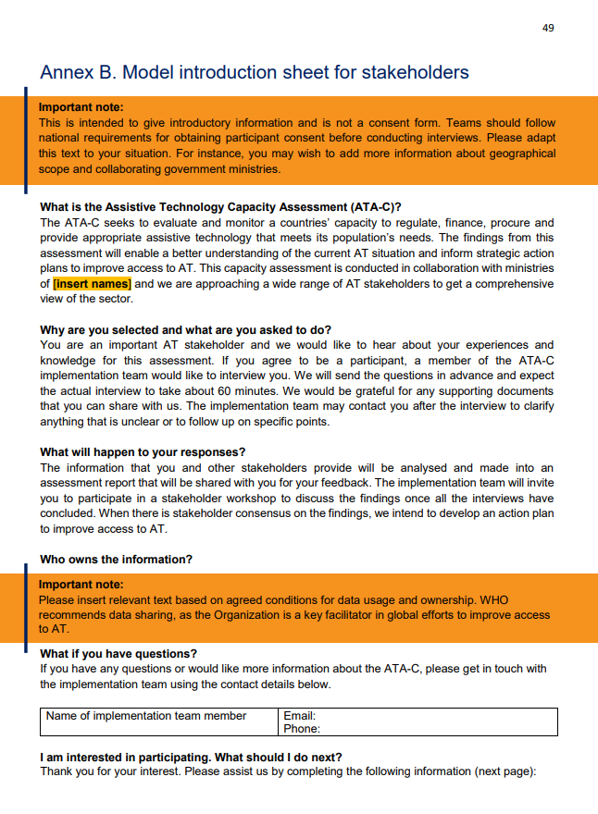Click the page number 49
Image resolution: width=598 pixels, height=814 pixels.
[x=548, y=28]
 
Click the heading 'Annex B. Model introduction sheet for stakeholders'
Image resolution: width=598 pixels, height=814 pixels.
[x=255, y=72]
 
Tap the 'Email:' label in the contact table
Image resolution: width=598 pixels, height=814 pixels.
[x=300, y=716]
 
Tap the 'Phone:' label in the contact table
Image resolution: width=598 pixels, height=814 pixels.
[x=302, y=729]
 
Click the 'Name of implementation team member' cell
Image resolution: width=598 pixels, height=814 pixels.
[x=146, y=716]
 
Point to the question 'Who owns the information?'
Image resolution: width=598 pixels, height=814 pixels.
[x=116, y=560]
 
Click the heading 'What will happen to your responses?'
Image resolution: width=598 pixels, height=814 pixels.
[x=143, y=452]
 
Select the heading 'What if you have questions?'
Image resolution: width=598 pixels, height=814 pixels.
[x=118, y=654]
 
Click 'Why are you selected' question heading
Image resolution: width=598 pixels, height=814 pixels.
[x=185, y=330]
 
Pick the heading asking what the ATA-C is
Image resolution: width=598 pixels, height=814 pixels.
[x=220, y=208]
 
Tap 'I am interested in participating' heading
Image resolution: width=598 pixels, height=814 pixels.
[x=191, y=757]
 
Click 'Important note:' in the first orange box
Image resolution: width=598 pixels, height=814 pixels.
[x=81, y=107]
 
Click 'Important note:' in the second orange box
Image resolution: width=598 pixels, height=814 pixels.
[x=81, y=585]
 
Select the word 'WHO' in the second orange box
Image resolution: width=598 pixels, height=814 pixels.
[x=534, y=599]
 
